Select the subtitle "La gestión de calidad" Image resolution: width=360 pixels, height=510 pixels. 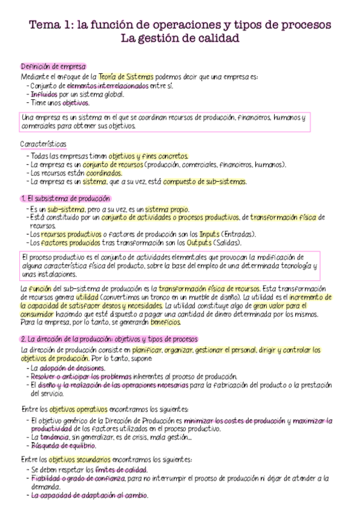tap(180, 39)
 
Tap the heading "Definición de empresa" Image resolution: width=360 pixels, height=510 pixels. tap(53, 67)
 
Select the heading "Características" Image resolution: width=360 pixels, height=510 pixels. tap(43, 144)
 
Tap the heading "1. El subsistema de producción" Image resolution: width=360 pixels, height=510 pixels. tap(66, 198)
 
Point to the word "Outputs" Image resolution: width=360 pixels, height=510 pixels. tap(199, 242)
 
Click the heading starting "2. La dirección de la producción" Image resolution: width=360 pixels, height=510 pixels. tap(109, 339)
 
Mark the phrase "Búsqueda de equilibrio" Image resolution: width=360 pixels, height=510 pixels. tap(63, 446)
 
